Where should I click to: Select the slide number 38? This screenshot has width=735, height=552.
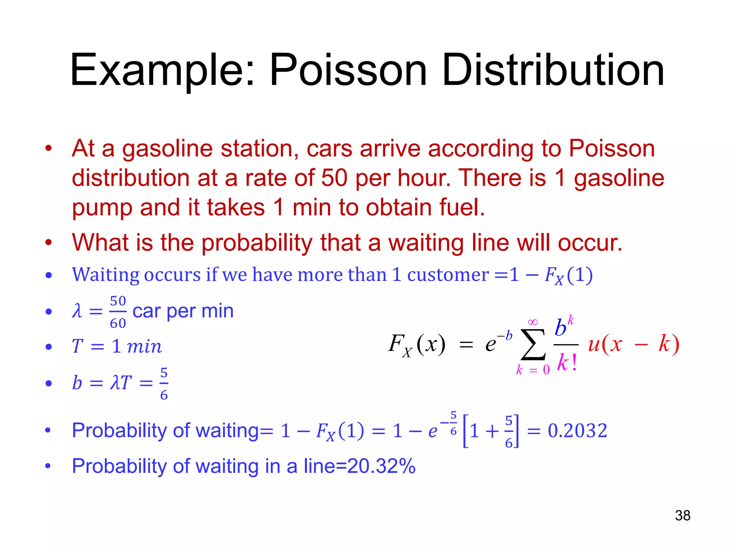(x=683, y=515)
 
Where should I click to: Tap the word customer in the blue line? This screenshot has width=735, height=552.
(x=448, y=275)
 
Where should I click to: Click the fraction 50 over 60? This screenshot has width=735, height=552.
(x=118, y=312)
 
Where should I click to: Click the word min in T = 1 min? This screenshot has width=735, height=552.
(x=144, y=346)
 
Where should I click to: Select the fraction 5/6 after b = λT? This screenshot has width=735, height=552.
(x=164, y=383)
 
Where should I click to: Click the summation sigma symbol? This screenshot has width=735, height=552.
(x=533, y=344)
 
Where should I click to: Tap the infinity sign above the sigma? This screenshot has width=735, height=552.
(x=533, y=322)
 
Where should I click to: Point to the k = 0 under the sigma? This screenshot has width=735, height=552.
(x=533, y=369)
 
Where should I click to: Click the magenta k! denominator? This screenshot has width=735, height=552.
(x=567, y=362)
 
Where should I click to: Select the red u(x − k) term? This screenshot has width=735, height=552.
(x=633, y=344)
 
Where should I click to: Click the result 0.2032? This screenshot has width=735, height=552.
(x=577, y=430)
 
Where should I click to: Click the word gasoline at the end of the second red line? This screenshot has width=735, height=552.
(x=619, y=178)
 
